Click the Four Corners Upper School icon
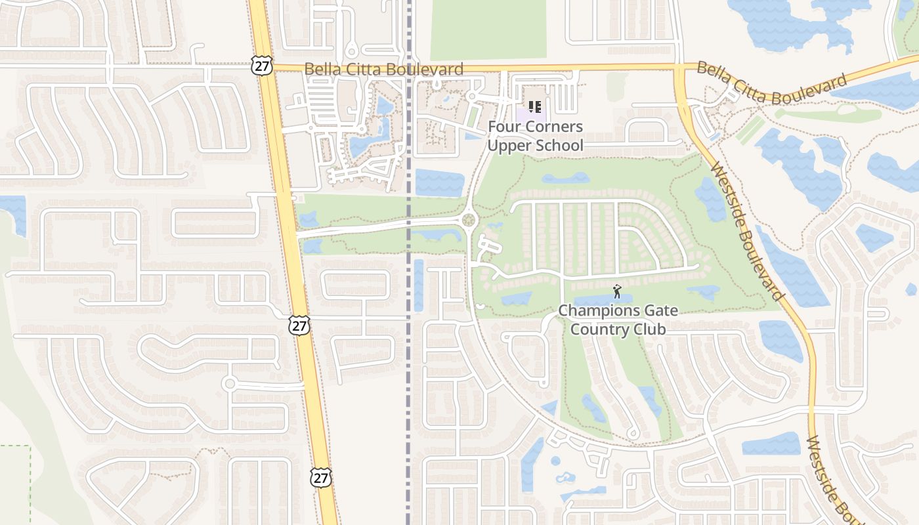(535, 106)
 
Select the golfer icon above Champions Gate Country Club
(616, 291)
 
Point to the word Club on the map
(647, 329)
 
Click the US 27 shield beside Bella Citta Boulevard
(261, 65)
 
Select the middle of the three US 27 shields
(299, 325)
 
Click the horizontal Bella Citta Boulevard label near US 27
(384, 69)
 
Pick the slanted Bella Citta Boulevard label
(771, 82)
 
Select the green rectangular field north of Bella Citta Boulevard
(488, 30)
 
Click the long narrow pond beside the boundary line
(418, 285)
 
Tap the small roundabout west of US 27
(229, 383)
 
